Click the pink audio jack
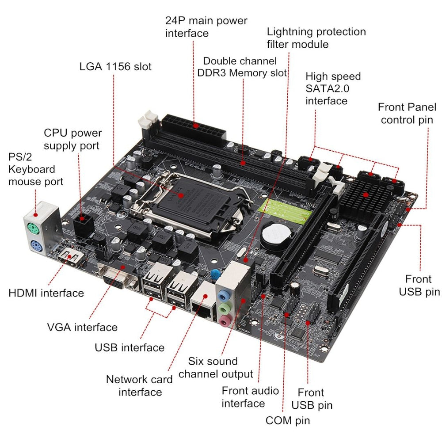(224, 319)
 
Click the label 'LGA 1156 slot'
(115, 67)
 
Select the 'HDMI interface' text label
(46, 293)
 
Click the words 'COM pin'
(288, 420)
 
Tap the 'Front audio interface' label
(250, 397)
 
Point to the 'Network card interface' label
(134, 385)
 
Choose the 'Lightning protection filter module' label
(316, 38)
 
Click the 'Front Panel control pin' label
(407, 113)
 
